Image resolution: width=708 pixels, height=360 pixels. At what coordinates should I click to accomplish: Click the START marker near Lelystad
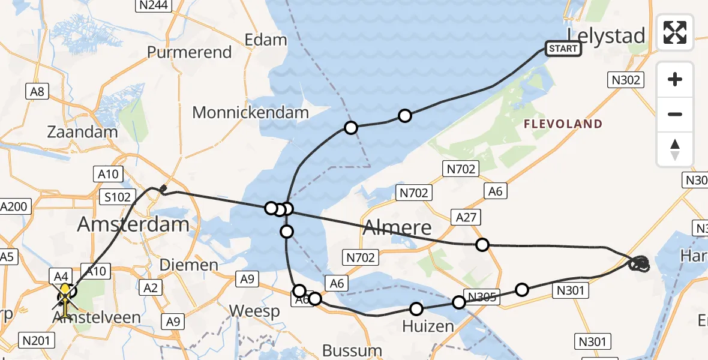click(x=563, y=49)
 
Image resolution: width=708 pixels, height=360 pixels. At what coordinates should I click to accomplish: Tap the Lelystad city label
click(x=607, y=35)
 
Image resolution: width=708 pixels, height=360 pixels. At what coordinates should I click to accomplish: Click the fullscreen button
click(x=675, y=32)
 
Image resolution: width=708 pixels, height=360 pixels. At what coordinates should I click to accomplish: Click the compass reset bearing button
click(x=675, y=149)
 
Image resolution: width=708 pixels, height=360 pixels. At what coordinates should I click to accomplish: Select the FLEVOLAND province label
click(x=563, y=124)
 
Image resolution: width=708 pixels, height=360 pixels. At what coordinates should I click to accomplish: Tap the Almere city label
click(x=397, y=227)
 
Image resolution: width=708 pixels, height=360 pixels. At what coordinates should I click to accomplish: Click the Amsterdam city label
click(x=133, y=224)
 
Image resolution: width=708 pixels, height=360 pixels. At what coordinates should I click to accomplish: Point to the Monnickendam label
click(x=250, y=112)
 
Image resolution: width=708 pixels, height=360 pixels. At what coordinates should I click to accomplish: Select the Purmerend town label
click(x=189, y=52)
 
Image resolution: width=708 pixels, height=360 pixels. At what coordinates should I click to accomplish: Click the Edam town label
click(x=266, y=40)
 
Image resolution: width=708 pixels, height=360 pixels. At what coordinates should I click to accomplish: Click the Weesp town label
click(x=254, y=311)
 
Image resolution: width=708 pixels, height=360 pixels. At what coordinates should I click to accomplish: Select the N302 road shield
click(x=626, y=80)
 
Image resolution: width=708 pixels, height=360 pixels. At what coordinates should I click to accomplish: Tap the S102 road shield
click(x=117, y=197)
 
